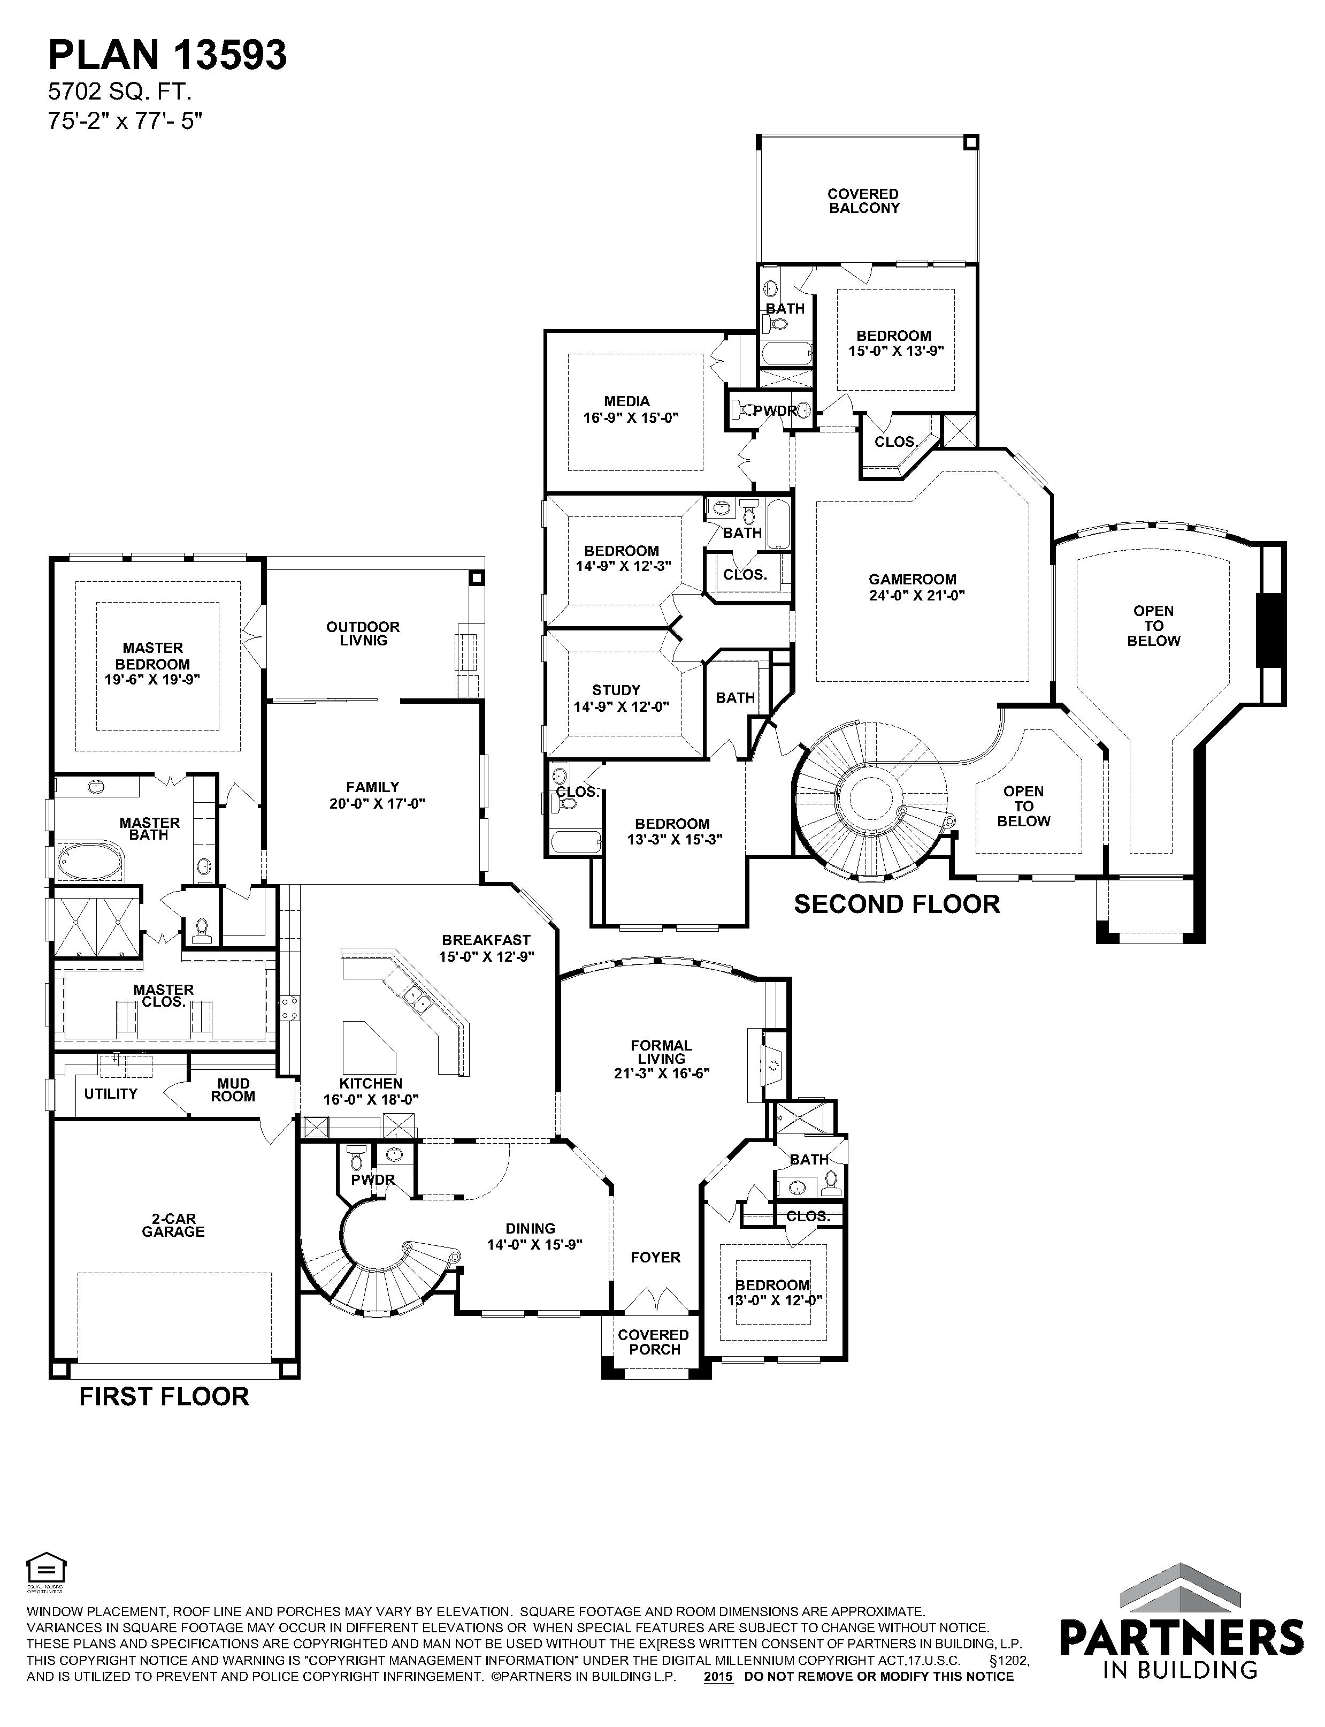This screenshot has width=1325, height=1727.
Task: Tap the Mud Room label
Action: tap(233, 1090)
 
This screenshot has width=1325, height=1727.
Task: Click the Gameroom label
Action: tap(913, 579)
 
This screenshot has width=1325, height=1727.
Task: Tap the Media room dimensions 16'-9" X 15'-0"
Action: tap(631, 418)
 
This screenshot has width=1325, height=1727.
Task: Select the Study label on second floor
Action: tap(616, 689)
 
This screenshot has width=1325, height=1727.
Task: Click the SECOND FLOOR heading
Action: tap(897, 903)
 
